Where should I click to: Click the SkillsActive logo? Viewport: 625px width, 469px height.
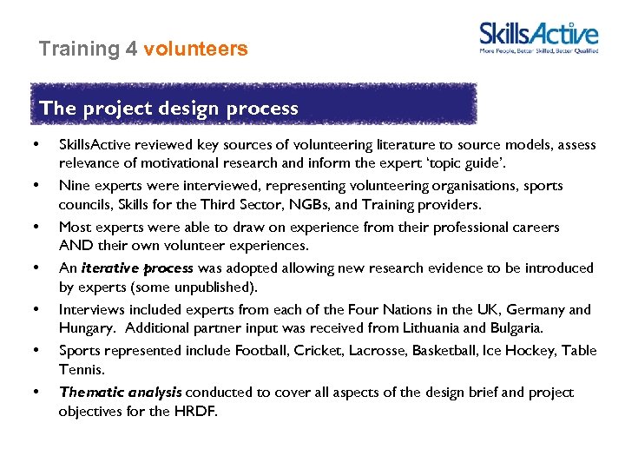tap(538, 37)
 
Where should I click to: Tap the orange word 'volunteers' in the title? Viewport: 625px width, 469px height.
tap(195, 49)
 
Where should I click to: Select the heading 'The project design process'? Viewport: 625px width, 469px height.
tap(168, 109)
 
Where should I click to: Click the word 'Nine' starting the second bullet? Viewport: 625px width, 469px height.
tap(74, 185)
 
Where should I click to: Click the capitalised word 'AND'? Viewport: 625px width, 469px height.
tap(76, 246)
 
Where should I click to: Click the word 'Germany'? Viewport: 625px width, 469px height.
tap(532, 309)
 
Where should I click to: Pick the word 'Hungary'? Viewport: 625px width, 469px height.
tap(86, 328)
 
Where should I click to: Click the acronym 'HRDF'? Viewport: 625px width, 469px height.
tap(195, 411)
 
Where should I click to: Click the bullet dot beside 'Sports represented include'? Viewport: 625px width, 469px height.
tap(36, 350)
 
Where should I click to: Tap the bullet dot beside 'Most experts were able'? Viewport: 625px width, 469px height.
tap(36, 227)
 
